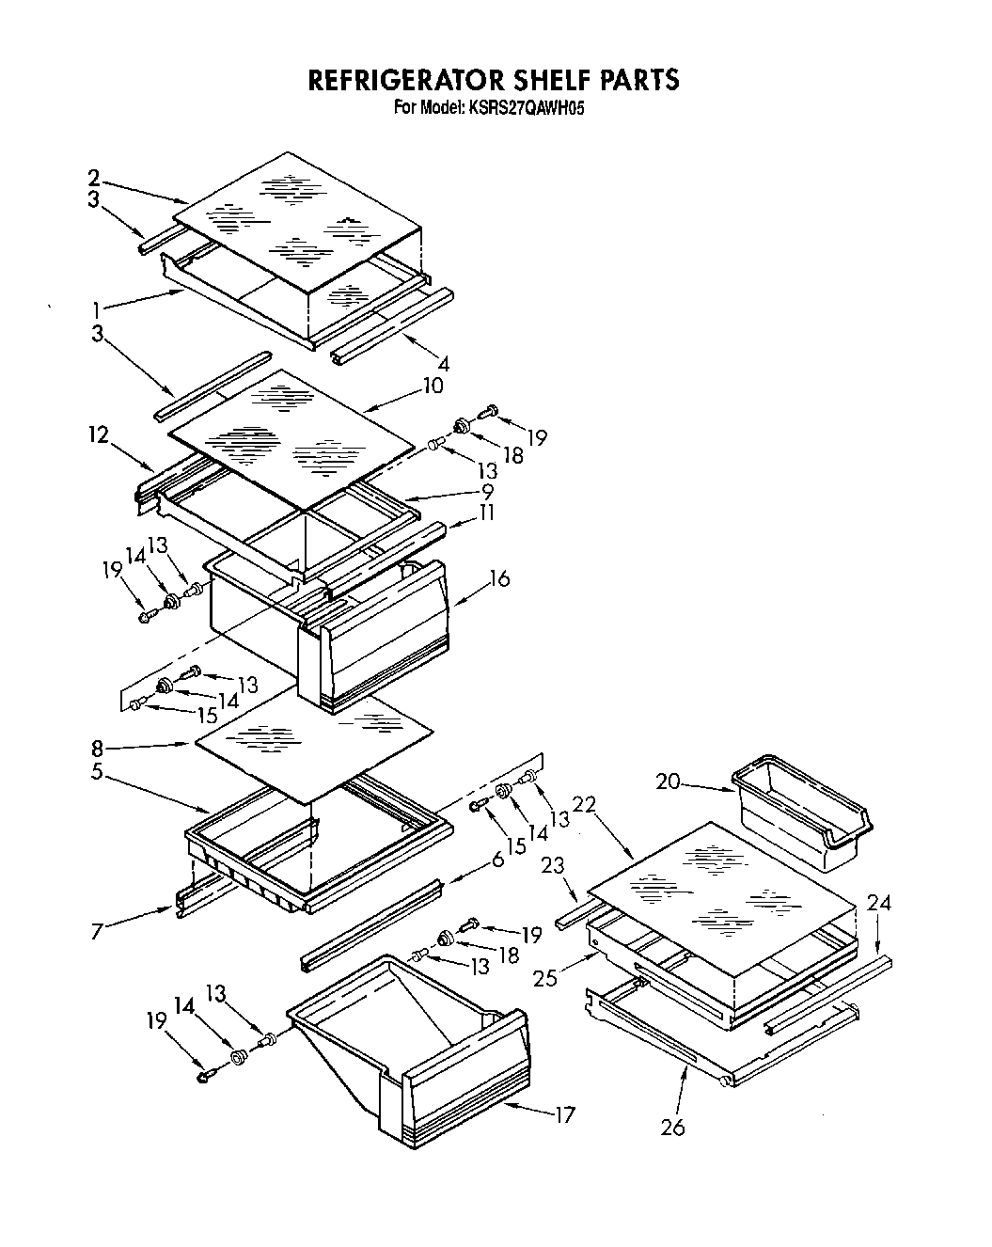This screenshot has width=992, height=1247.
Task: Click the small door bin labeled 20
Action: [x=804, y=811]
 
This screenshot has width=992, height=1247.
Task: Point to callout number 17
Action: [x=564, y=1116]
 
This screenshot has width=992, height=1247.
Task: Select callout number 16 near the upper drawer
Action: [x=499, y=578]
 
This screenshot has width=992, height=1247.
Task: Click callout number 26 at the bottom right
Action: [x=672, y=1126]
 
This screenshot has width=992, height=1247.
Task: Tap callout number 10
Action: [x=433, y=386]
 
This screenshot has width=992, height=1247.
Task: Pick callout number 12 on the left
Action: [x=99, y=434]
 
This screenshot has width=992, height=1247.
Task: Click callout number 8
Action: [x=98, y=749]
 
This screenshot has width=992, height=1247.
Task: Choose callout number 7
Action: [x=99, y=930]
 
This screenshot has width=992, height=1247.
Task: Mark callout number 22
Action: [x=584, y=804]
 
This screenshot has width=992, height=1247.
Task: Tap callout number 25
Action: [x=544, y=978]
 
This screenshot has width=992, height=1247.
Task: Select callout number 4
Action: [x=443, y=362]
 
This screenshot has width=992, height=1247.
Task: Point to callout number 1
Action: [x=98, y=308]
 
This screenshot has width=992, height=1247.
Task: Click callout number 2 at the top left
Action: [x=95, y=176]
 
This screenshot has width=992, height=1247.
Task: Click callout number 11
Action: [x=487, y=513]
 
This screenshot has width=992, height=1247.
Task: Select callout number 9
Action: [x=487, y=490]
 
